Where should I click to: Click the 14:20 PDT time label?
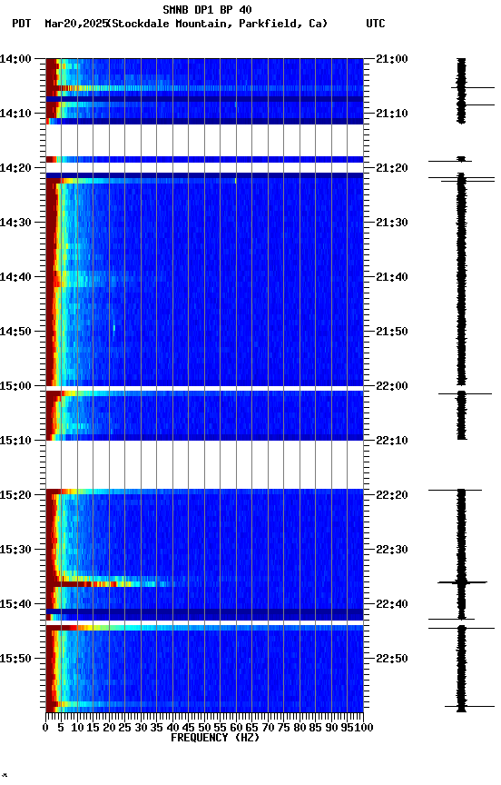tap(16, 168)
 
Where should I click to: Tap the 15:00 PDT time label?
tap(16, 386)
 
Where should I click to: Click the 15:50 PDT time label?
tap(16, 658)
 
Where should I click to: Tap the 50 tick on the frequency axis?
tap(204, 727)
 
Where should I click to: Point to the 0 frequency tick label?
tap(45, 727)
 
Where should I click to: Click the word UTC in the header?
tap(376, 24)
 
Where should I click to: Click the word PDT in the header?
tap(22, 24)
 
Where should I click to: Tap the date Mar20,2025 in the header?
tap(74, 24)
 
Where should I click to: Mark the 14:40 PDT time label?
tap(16, 277)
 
